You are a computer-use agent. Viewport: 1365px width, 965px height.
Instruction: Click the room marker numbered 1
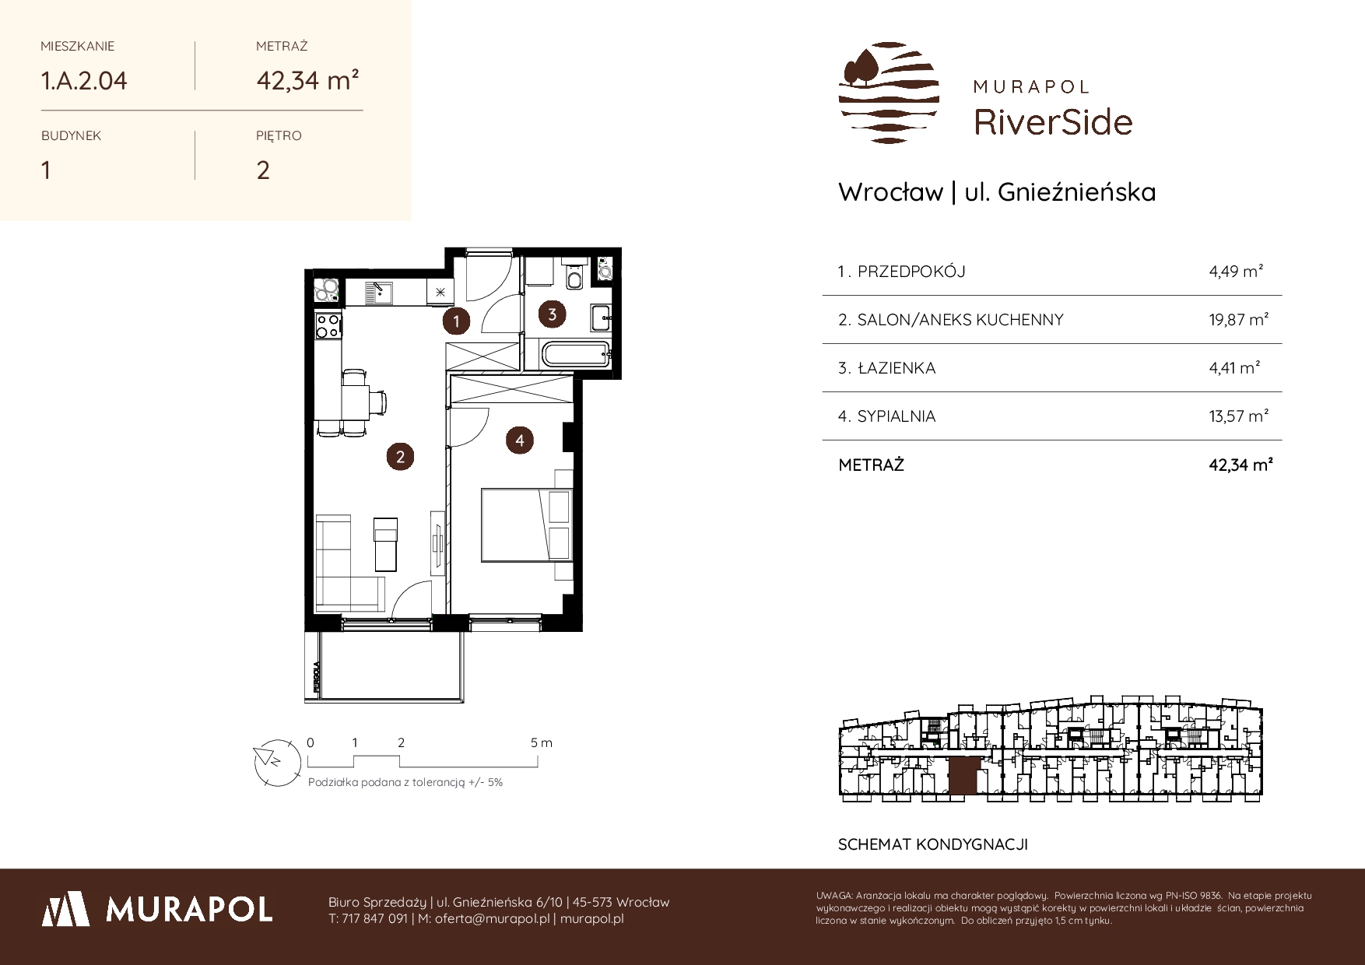coord(456,321)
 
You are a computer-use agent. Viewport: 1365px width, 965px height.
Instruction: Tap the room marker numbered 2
coord(400,457)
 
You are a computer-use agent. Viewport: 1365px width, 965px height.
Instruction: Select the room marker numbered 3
coord(552,314)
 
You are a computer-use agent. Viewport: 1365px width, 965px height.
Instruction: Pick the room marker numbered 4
coord(519,440)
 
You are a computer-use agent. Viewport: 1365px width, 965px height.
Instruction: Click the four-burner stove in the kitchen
coord(328,325)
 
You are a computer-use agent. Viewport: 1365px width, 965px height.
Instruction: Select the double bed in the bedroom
coord(527,525)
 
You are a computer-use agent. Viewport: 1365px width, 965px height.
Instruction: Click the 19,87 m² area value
coord(1239,319)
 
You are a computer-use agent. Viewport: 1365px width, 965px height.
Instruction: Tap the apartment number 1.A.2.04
coord(84,81)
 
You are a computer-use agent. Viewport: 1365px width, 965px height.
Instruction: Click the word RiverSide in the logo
coord(1054,122)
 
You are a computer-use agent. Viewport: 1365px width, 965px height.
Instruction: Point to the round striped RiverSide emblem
coord(889,93)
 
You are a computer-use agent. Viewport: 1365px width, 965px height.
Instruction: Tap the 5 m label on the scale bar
coord(542,743)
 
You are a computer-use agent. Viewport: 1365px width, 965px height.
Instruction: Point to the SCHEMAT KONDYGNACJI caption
coord(933,844)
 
